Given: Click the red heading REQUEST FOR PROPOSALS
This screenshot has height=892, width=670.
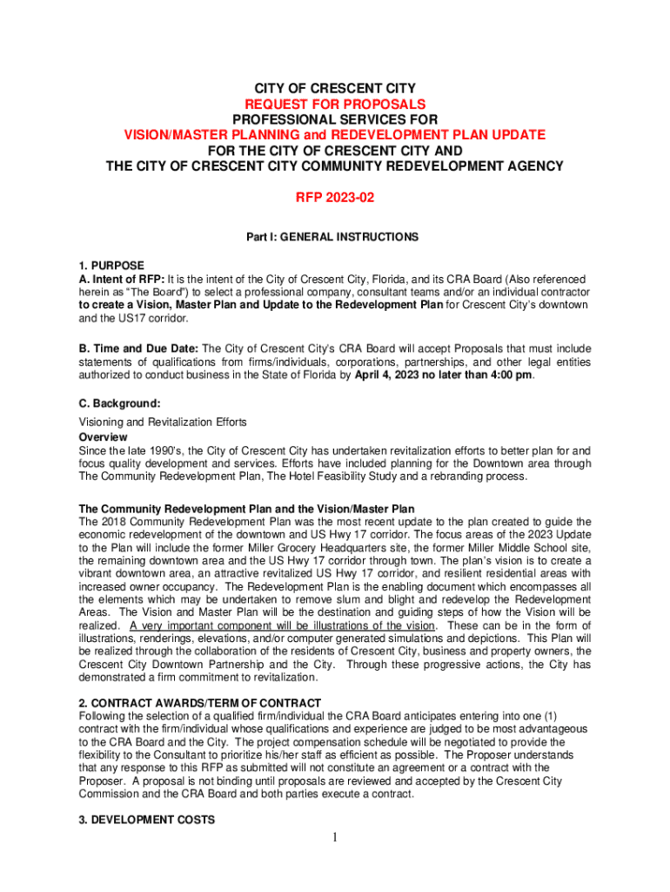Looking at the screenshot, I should click(334, 104).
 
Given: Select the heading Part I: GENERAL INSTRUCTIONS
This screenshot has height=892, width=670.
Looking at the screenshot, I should click(334, 237).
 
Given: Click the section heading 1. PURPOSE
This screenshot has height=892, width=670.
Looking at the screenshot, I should click(111, 265).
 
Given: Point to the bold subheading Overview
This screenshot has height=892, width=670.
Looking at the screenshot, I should click(103, 436).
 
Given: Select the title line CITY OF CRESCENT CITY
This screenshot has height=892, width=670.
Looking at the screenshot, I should click(334, 89).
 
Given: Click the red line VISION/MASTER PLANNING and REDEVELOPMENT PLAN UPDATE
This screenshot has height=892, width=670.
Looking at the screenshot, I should click(334, 135).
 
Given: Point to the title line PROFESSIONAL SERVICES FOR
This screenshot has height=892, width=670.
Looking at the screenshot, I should click(334, 119).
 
